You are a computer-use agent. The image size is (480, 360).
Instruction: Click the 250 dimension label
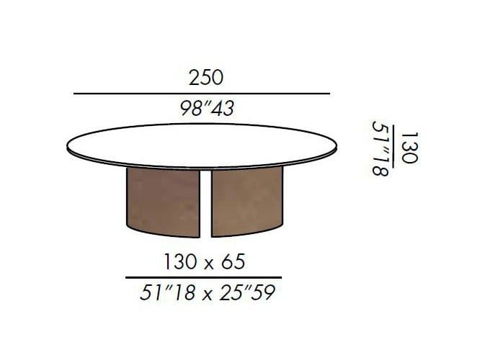coord(206,78)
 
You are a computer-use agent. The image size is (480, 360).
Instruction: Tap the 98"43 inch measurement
coord(208,108)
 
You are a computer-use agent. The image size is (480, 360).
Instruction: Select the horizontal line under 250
coord(202,94)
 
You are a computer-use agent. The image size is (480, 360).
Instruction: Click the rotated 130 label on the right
coord(409,148)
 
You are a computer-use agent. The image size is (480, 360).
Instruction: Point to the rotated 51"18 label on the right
coord(381,148)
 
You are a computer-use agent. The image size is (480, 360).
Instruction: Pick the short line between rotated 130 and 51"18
coord(393,146)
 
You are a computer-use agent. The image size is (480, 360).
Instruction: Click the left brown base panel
coord(163,201)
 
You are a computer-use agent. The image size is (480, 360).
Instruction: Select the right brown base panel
coord(247,201)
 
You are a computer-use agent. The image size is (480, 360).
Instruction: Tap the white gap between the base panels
coord(205,202)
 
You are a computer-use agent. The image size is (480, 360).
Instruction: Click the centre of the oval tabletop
coord(202,145)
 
